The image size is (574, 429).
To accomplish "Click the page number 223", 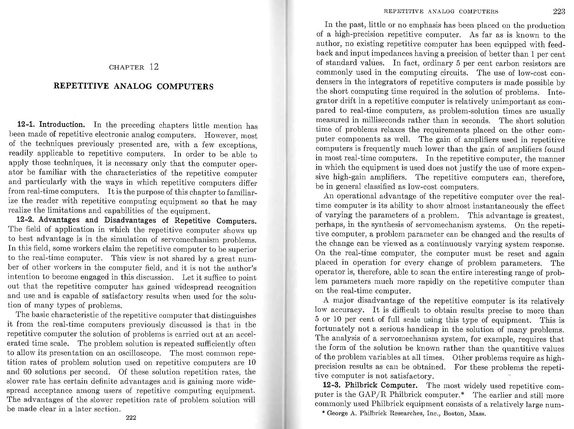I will pos(559,11).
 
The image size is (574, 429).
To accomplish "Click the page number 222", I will pos(131,418).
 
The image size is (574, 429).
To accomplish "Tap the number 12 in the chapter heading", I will pos(154,67).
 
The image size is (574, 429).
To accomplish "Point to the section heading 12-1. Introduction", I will pos(51,125).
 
